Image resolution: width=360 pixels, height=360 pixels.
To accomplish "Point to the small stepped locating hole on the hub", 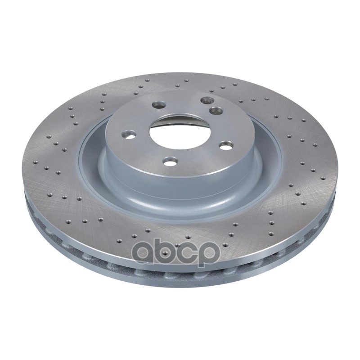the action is coord(207,100).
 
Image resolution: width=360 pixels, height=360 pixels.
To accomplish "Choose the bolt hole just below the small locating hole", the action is coord(216,110).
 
